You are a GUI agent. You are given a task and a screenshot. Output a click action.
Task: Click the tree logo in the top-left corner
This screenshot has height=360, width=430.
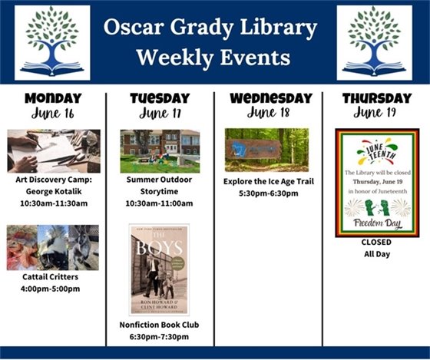(x=52, y=42)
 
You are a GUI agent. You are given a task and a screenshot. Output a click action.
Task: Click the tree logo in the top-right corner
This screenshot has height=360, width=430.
(x=374, y=42)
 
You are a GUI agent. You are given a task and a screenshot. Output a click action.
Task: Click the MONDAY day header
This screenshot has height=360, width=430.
(x=52, y=98)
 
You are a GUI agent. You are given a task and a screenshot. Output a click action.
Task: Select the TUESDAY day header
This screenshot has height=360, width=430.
(x=159, y=98)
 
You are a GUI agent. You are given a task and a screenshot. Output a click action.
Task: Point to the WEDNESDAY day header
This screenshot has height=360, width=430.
(x=268, y=98)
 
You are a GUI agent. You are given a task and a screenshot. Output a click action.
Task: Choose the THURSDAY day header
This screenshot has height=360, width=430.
(x=376, y=98)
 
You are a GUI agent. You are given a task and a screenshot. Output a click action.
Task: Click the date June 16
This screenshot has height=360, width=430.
(x=52, y=114)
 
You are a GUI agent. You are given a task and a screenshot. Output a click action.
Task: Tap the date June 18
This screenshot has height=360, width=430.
(x=268, y=114)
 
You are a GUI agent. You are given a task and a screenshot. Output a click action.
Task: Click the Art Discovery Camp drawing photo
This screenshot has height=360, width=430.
(x=53, y=151)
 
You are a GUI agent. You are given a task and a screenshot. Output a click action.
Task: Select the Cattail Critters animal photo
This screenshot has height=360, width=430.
(x=53, y=247)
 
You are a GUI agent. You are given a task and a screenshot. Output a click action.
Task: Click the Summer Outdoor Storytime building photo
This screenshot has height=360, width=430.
(x=160, y=151)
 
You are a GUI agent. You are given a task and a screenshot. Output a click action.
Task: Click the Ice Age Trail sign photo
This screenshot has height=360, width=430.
(x=268, y=150)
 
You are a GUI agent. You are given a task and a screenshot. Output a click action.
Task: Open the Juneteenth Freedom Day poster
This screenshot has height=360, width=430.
(x=376, y=182)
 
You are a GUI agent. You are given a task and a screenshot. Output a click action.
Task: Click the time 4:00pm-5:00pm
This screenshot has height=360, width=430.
(x=53, y=289)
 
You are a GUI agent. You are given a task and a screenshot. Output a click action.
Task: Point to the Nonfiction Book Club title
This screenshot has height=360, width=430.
(x=159, y=325)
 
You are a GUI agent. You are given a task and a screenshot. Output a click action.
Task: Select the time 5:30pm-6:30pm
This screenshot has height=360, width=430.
(x=268, y=193)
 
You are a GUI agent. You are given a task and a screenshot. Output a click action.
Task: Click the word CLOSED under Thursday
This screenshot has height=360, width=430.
(x=376, y=242)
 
